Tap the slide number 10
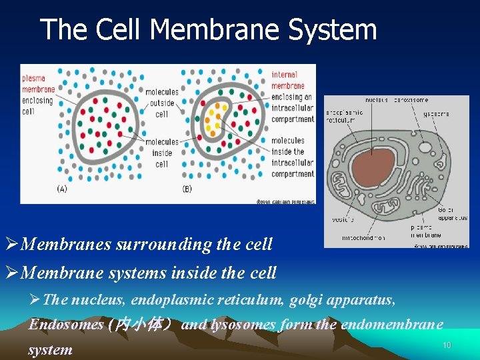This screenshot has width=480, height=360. (x=447, y=345)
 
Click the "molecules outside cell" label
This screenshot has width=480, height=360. (x=162, y=103)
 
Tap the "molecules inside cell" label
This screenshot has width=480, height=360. (x=161, y=153)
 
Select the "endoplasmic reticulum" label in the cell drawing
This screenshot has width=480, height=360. (x=344, y=116)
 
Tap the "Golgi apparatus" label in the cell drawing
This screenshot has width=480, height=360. (x=453, y=213)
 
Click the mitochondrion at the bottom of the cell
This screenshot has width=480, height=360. (x=387, y=210)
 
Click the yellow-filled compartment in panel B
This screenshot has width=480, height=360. (x=213, y=118)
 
